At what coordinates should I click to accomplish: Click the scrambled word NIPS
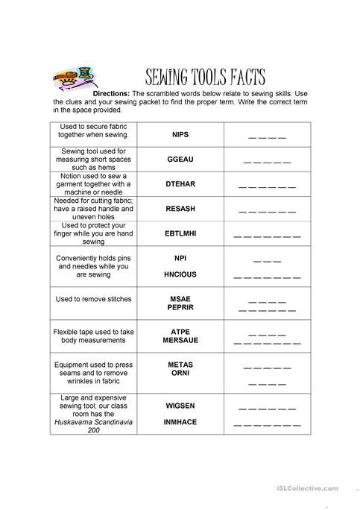point(180,135)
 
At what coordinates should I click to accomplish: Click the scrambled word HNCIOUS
point(180,274)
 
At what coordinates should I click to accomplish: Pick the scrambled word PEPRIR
point(180,306)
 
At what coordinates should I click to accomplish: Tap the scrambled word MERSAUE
point(180,339)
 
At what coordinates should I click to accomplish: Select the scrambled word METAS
point(180,365)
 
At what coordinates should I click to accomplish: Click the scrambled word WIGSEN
point(180,406)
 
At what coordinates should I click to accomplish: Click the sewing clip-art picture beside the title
point(75,78)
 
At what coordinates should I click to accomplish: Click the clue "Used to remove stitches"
point(94,299)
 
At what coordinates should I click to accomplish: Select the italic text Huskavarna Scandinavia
point(94,422)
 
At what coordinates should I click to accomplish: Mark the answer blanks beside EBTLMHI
point(266,236)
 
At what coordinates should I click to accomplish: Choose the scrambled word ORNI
point(180,373)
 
